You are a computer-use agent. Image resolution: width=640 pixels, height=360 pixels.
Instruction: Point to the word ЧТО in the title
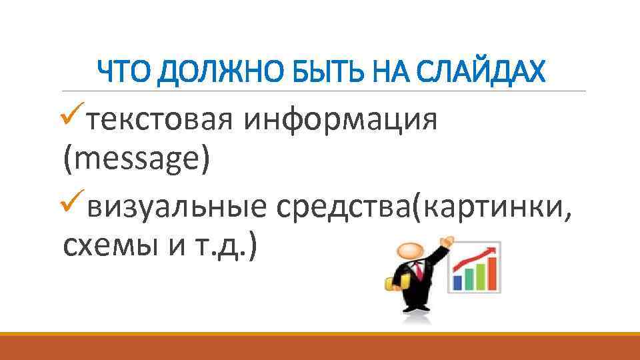tap(123, 70)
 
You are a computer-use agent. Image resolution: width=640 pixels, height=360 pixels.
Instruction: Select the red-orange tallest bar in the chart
tap(491, 273)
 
